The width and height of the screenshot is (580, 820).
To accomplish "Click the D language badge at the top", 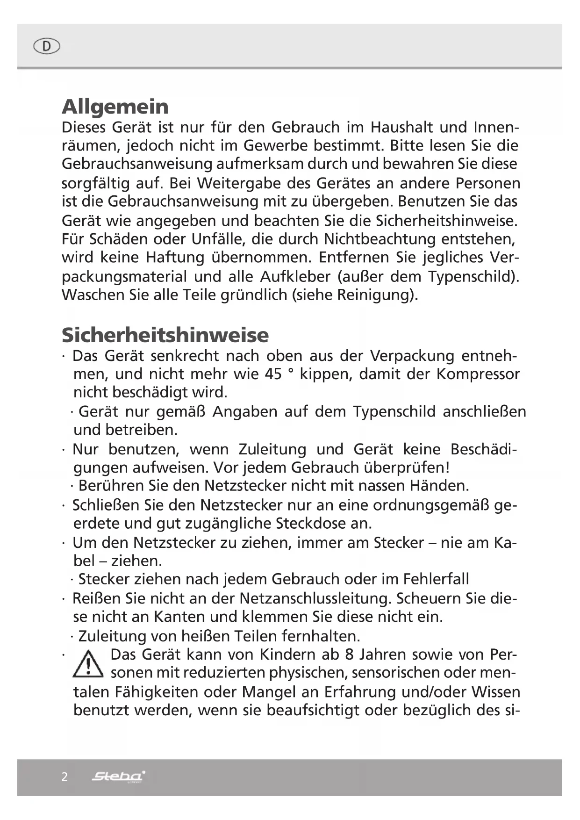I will [47, 46].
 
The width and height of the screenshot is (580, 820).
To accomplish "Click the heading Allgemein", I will [115, 107].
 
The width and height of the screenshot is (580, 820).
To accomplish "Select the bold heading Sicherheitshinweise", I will [165, 335].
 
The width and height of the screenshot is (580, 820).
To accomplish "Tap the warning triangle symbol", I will [88, 664].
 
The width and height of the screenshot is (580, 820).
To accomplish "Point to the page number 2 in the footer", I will [64, 777].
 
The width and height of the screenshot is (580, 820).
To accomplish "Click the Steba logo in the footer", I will [118, 777].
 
